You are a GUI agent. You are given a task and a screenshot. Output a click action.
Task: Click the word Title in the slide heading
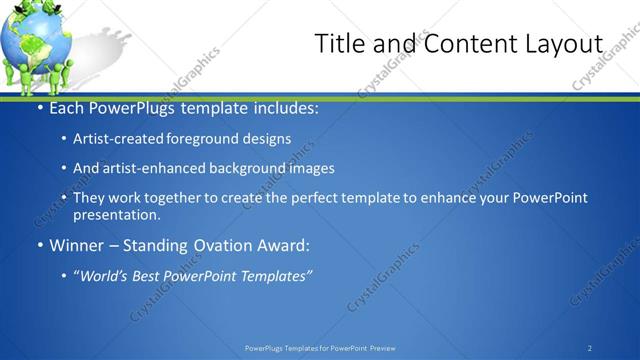pyautogui.click(x=339, y=44)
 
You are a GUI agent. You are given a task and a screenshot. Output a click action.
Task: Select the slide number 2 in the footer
pyautogui.click(x=590, y=347)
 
